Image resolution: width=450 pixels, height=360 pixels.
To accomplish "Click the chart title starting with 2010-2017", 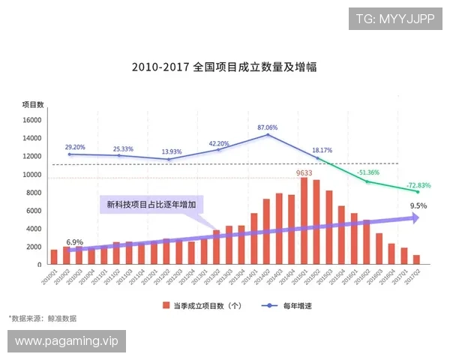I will [223, 67].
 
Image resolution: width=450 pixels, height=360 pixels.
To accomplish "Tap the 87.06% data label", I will [267, 127].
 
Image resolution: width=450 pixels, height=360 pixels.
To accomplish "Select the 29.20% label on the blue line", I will [75, 147].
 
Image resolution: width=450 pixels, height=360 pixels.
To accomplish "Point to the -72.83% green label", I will [418, 185].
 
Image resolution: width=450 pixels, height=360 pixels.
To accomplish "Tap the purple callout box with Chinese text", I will [151, 203].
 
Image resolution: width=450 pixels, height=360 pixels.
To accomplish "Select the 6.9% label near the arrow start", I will [74, 242].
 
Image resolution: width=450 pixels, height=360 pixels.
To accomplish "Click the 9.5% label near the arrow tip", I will [418, 205].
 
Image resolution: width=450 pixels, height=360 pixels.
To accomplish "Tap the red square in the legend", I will [166, 305].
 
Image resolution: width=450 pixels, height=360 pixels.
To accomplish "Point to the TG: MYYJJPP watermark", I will [396, 19].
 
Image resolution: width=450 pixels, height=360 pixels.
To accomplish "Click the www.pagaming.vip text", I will [66, 341].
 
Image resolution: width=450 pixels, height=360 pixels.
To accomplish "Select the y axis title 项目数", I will [32, 104].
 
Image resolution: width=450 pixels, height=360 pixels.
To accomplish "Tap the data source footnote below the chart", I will [42, 319].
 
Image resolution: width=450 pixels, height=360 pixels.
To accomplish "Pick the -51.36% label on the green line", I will [368, 172].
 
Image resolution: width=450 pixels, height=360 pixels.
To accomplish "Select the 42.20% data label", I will [218, 143].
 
